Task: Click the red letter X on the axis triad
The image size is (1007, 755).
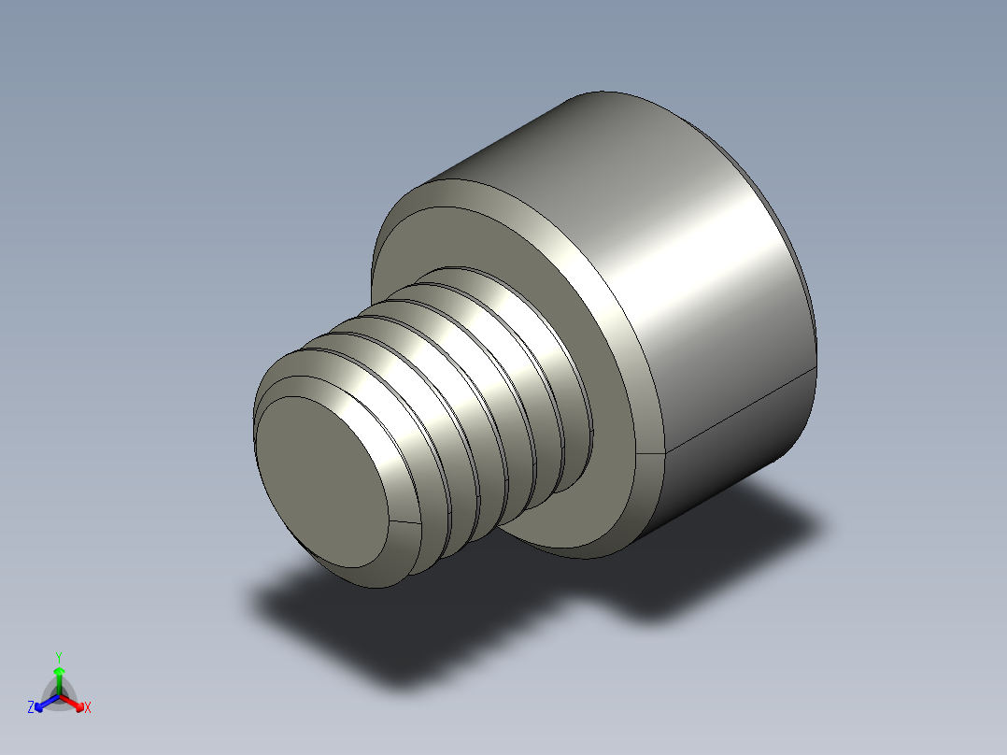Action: click(88, 708)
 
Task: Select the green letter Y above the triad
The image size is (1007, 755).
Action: click(58, 657)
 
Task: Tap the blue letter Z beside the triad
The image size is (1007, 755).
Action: click(31, 708)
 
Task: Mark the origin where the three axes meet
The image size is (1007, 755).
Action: click(59, 695)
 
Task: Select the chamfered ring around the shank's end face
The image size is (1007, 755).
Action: click(397, 551)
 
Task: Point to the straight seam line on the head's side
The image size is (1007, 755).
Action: click(738, 411)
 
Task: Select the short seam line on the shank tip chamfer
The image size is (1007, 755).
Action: click(401, 520)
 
